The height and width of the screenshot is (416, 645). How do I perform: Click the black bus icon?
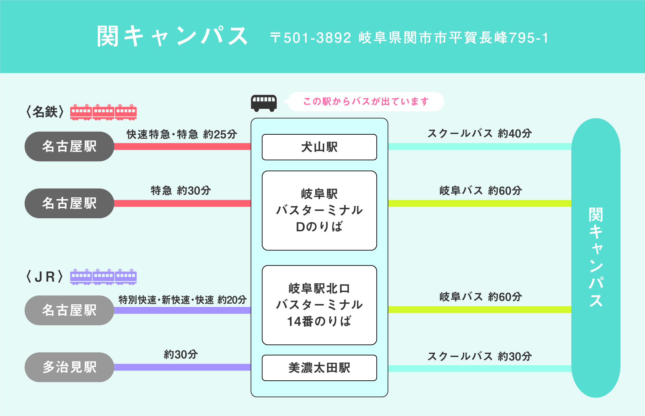(x=264, y=103)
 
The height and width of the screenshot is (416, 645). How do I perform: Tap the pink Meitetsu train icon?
(x=103, y=112)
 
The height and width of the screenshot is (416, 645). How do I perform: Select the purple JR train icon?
(x=103, y=277)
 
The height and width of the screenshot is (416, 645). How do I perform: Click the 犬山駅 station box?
(x=319, y=147)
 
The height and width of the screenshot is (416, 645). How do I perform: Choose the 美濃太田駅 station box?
(x=319, y=368)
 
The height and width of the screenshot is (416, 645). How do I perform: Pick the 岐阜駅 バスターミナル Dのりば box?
(x=319, y=210)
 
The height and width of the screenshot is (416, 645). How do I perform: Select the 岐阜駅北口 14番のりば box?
(x=319, y=305)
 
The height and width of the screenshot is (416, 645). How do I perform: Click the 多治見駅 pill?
(x=69, y=367)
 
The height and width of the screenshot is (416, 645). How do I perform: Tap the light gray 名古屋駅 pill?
(x=69, y=310)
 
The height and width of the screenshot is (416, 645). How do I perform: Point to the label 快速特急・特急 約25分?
(x=182, y=134)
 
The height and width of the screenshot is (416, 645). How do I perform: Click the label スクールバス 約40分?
(x=479, y=133)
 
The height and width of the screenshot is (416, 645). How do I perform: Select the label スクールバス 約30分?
(x=479, y=356)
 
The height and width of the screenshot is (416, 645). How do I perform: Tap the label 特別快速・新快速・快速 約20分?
(x=182, y=300)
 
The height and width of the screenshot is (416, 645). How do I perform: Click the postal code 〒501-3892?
(x=311, y=38)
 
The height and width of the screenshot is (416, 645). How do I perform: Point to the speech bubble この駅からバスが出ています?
(x=366, y=101)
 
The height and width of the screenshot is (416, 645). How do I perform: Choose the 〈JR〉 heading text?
(x=45, y=277)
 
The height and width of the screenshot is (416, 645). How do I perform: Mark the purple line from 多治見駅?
(x=182, y=367)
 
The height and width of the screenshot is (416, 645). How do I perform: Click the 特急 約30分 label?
(x=181, y=191)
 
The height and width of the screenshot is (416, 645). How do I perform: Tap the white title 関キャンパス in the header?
(x=172, y=36)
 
